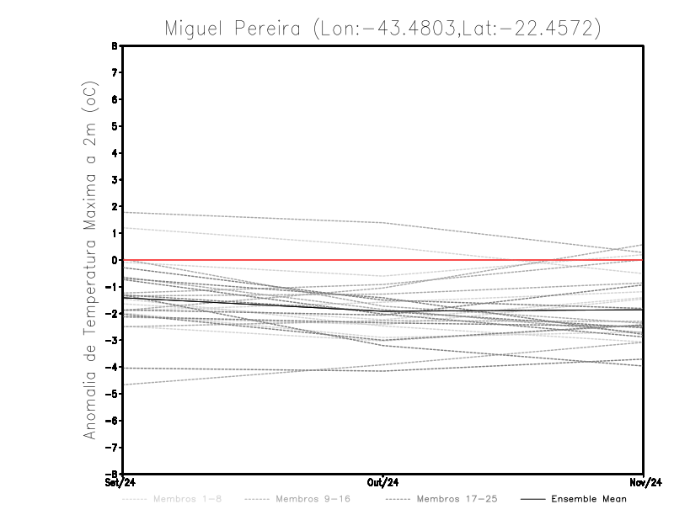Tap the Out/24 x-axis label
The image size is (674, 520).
click(383, 483)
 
